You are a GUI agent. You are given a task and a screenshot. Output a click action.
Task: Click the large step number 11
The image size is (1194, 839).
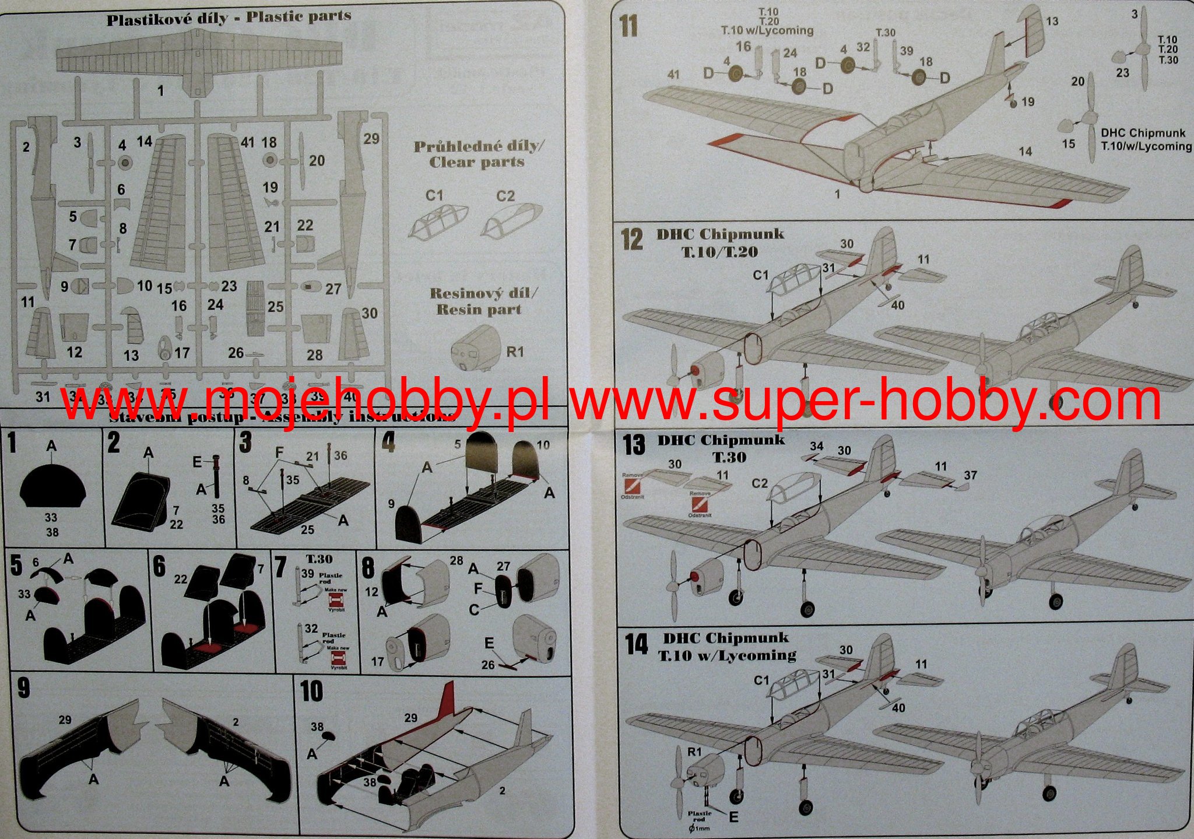coord(628,27)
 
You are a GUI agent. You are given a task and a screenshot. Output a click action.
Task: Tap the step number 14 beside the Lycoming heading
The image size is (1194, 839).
coord(636,644)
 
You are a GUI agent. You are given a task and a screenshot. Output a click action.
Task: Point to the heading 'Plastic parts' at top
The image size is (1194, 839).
coord(298,16)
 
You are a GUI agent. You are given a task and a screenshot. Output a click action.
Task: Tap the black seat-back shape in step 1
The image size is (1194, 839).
coord(52,485)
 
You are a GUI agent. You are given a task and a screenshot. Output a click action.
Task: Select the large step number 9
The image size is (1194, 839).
coord(23,688)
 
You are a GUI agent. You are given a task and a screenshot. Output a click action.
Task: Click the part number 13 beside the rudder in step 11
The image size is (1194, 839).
coord(1052,22)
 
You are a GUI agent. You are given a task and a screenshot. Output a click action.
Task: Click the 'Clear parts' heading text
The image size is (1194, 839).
coord(477,162)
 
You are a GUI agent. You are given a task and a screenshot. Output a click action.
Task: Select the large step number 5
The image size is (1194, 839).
coord(16,564)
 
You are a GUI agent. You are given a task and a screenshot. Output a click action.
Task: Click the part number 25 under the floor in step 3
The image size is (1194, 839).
coord(307,530)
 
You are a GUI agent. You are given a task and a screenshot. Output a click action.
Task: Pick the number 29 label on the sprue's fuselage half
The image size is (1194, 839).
coord(371,139)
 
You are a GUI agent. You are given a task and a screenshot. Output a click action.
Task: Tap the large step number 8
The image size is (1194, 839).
coord(368,568)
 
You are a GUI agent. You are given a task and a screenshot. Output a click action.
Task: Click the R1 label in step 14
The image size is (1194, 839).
coord(694,752)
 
